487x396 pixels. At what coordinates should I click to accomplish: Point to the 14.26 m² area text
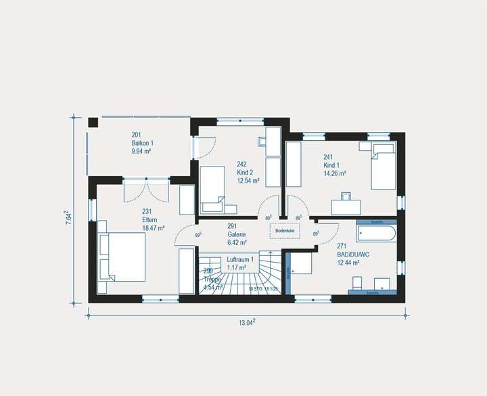[335, 173]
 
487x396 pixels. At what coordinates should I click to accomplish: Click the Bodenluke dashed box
[284, 231]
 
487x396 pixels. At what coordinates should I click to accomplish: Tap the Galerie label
[237, 234]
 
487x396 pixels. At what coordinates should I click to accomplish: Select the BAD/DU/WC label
[352, 255]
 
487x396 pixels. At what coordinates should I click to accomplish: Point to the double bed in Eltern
[122, 257]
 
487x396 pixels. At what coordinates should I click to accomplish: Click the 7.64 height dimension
[68, 220]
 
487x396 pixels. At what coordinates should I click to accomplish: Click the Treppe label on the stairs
[212, 278]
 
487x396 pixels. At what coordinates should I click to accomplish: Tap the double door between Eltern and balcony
[147, 190]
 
